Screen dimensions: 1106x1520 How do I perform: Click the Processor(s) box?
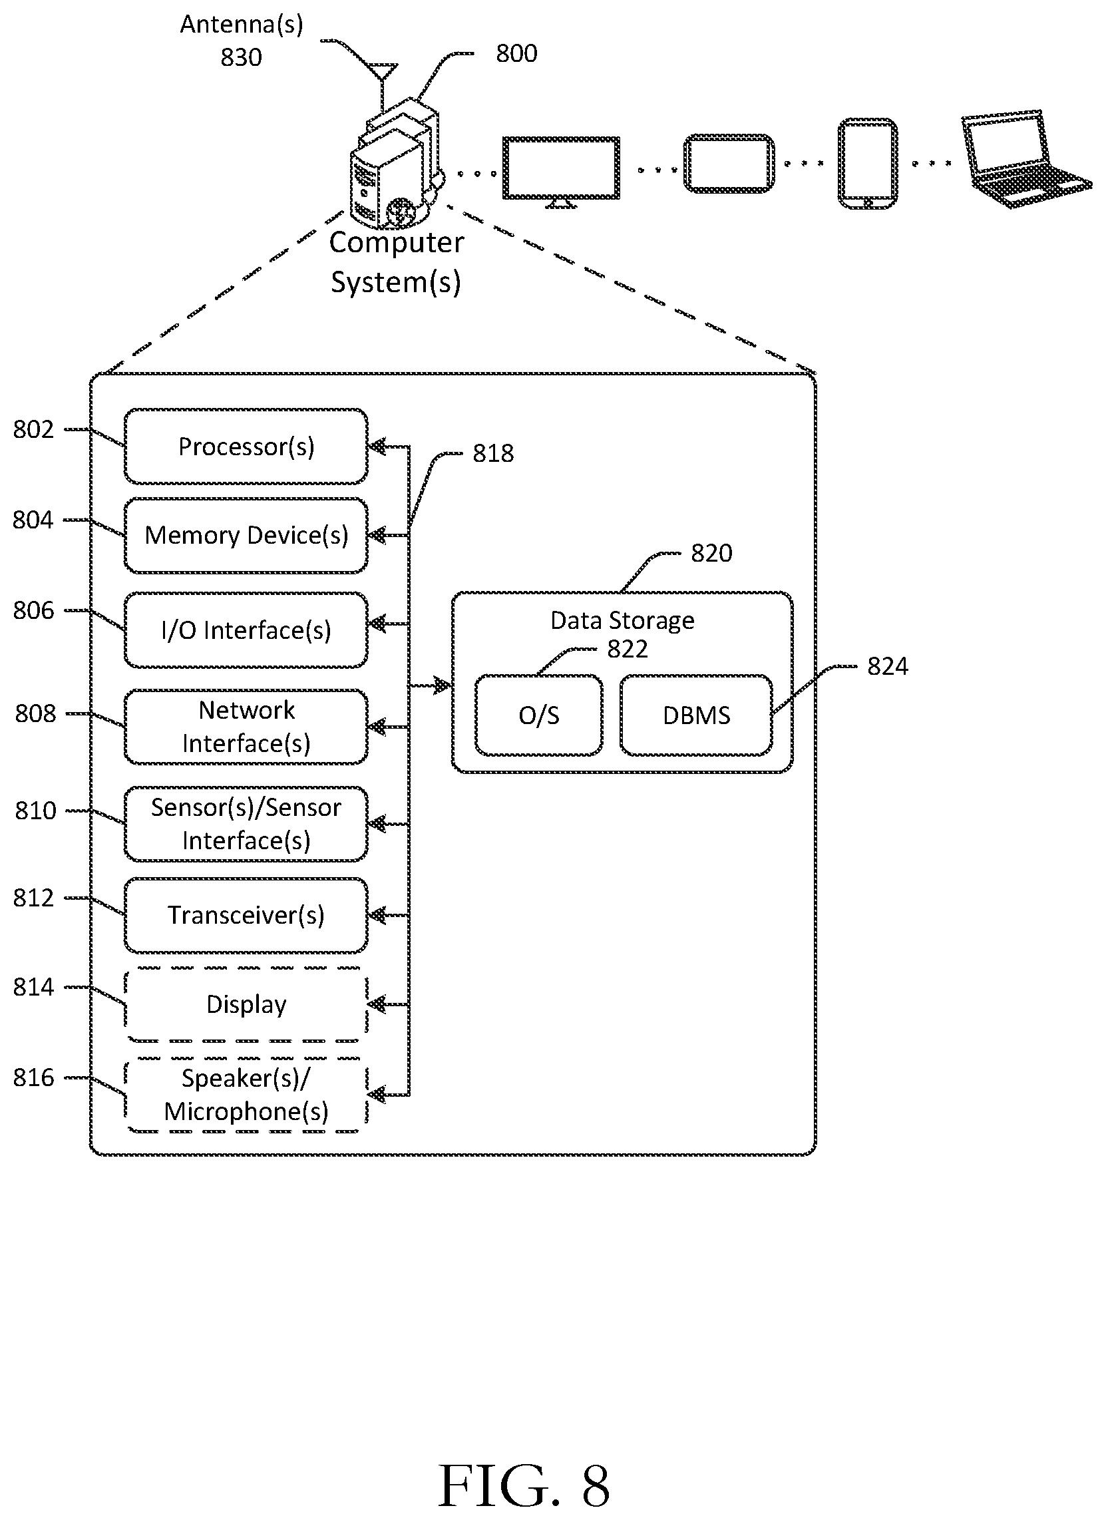click(246, 447)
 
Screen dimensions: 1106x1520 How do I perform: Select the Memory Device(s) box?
click(246, 536)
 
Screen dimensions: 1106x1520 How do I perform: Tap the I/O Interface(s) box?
click(246, 630)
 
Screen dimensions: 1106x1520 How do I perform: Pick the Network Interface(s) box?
click(246, 727)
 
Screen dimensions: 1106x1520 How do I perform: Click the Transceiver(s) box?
click(246, 916)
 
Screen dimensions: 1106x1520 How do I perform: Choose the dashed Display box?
click(246, 1005)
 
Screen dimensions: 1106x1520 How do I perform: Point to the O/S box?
click(539, 715)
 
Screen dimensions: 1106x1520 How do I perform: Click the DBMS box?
click(697, 715)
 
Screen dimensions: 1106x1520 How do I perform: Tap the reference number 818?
click(493, 454)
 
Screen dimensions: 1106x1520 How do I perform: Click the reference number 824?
click(888, 667)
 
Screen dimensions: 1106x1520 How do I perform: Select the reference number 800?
click(516, 54)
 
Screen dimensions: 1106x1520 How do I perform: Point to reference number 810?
click(35, 811)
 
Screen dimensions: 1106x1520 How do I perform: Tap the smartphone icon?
click(867, 164)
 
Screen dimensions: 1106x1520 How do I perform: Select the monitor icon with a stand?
click(561, 172)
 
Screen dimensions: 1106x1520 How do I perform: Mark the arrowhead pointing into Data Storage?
click(443, 685)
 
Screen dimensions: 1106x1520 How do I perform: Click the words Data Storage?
click(622, 621)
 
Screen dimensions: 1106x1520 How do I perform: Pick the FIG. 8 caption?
click(524, 1485)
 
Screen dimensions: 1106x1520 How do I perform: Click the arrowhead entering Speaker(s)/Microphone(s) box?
click(377, 1095)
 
